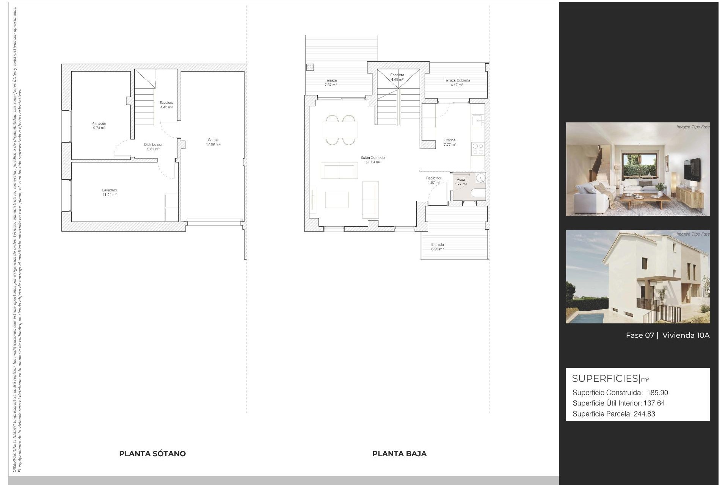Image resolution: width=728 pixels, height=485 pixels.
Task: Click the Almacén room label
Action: pos(99,124)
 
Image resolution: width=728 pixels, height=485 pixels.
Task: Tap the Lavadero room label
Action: pos(109,190)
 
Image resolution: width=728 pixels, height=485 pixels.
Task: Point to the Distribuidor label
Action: pos(153,145)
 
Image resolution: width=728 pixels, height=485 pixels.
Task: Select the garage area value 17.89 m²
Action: pos(213,144)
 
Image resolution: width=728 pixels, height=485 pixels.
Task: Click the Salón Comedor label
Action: pos(373,158)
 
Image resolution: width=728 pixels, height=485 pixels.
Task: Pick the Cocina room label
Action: pos(450,140)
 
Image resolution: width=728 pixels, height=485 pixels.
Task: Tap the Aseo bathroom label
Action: pos(461,180)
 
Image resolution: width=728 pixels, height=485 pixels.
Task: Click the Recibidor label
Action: pos(433,178)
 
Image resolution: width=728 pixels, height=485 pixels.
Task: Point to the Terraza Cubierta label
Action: pos(457,80)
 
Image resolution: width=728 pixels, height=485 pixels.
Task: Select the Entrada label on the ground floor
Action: pos(437,245)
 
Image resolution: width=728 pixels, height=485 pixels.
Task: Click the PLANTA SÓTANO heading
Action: pos(152,454)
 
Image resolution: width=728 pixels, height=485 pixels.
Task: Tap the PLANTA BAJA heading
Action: pos(399,454)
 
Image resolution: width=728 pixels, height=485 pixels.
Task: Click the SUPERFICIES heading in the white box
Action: pos(605,379)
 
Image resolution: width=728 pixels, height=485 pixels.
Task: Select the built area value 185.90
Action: pos(657,393)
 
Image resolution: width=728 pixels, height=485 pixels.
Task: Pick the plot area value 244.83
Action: pos(644,414)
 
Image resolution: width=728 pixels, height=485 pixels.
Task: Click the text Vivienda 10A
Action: pos(686,335)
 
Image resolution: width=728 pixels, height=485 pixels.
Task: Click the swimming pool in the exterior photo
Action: pos(585,318)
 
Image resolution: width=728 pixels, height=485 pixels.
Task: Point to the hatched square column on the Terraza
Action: pos(310,67)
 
